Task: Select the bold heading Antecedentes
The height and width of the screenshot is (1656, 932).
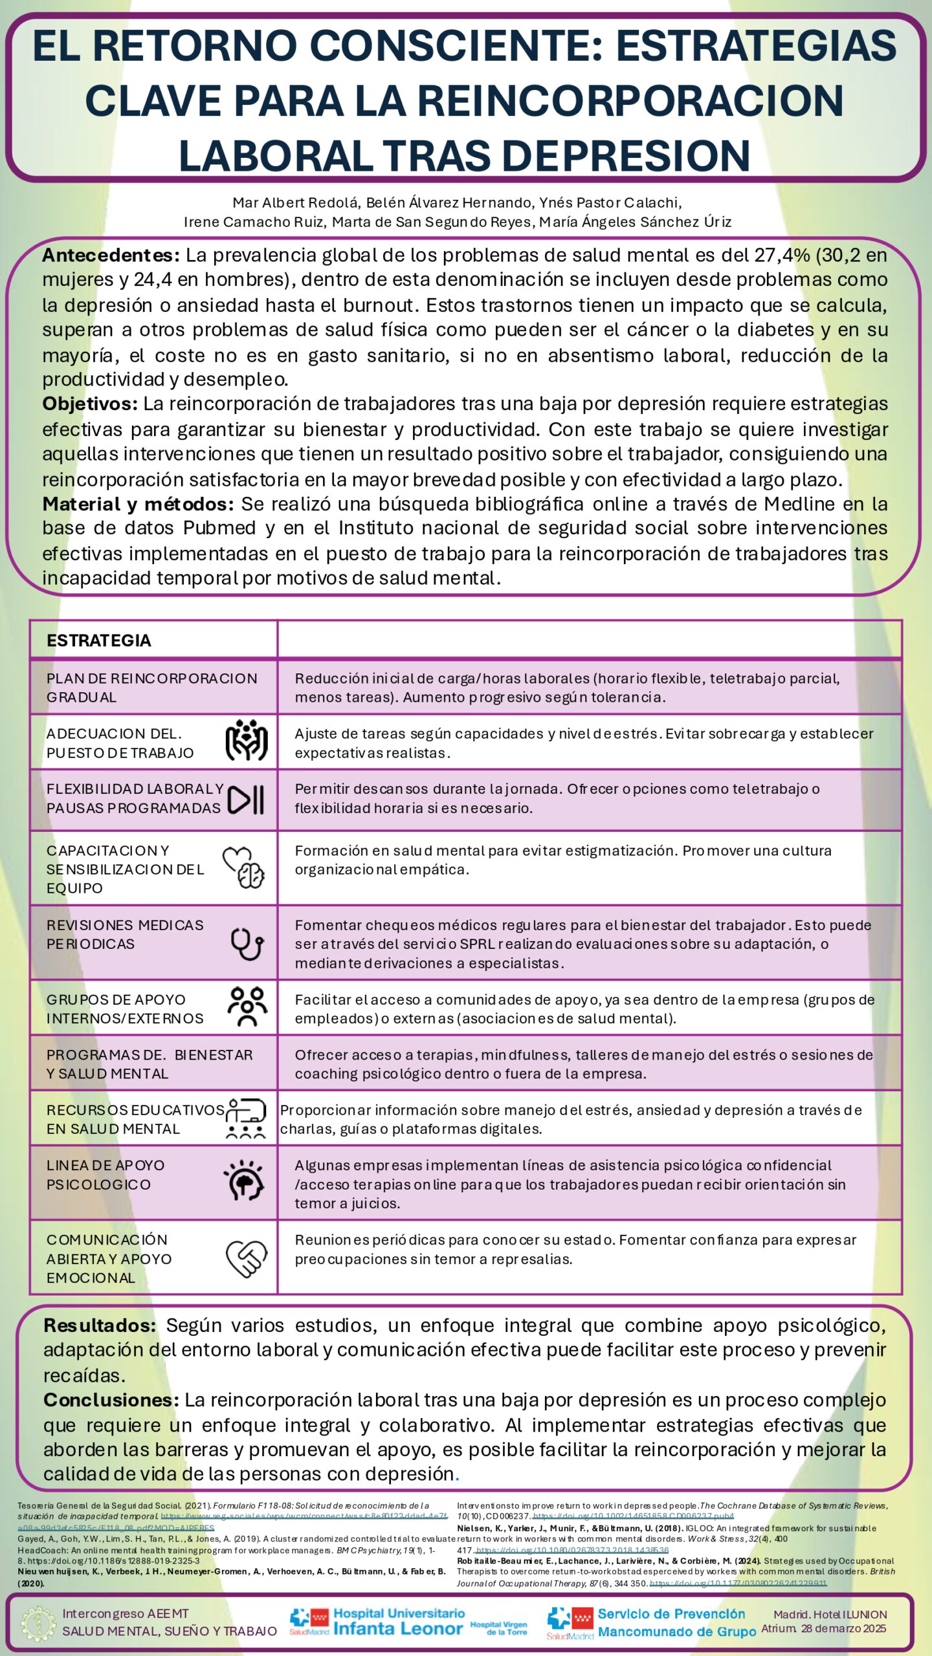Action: pos(111,256)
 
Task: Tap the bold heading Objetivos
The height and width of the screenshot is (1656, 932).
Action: pos(90,404)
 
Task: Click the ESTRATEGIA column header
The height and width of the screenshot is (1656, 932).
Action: pos(99,640)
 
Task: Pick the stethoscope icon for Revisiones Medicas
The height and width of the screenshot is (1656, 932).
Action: pos(247,944)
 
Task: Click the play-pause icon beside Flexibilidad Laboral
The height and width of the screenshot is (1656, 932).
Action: pos(246,800)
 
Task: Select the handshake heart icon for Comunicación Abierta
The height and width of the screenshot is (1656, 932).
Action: pos(246,1258)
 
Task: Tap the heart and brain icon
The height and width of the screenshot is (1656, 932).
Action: pos(244,868)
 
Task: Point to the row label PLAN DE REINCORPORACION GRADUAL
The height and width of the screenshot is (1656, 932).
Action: pos(151,688)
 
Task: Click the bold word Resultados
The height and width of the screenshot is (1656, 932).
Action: pos(100,1325)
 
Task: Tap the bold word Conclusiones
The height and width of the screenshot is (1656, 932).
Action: pos(111,1400)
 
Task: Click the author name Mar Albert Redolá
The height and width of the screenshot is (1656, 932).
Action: pos(294,203)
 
